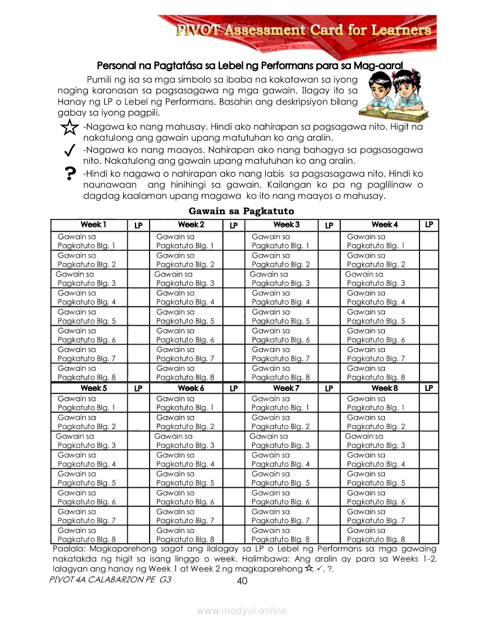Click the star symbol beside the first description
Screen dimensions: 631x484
coord(69,127)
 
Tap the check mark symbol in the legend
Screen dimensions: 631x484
coord(69,151)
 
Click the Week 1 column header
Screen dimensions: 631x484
coord(93,225)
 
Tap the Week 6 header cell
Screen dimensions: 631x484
coord(191,388)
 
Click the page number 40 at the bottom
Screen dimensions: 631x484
coord(242,581)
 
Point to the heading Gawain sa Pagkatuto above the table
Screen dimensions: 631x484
coord(241,211)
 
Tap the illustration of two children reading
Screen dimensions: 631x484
coord(390,93)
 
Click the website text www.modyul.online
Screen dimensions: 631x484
coord(242,611)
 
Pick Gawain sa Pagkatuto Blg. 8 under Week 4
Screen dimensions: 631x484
coord(376,373)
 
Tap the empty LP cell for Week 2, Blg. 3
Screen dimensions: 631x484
coord(233,279)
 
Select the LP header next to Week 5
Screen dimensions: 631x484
coord(138,388)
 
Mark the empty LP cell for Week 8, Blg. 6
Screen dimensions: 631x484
coord(429,497)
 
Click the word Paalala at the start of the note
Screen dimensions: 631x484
coord(66,549)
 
